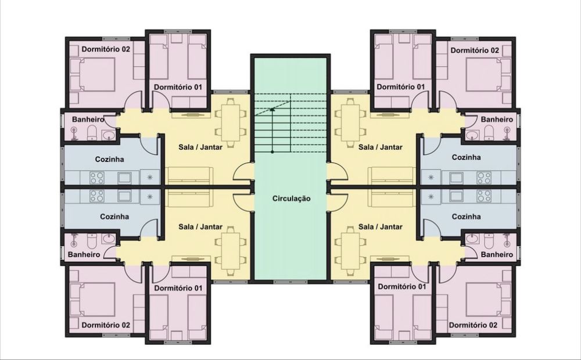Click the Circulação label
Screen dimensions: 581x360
(291, 199)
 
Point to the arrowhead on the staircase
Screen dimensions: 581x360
(272, 109)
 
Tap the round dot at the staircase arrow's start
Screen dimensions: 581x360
(272, 152)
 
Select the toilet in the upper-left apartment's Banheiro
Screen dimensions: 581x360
(92, 132)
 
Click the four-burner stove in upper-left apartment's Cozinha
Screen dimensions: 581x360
(97, 178)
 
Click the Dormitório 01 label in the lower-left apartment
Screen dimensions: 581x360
(178, 288)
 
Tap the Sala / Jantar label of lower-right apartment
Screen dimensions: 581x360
(380, 226)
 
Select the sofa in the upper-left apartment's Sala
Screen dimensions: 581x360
(189, 176)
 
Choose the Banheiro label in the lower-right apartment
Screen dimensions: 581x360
(497, 254)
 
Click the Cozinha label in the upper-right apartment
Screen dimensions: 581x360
(466, 157)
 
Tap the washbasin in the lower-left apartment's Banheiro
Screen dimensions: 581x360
(109, 239)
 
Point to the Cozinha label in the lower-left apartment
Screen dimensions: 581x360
(114, 217)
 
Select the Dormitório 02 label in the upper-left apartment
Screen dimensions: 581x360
(106, 49)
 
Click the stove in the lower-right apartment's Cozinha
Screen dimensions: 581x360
(484, 196)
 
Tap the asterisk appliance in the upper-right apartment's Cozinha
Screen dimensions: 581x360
(431, 178)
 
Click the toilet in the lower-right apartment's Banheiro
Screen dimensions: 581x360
(489, 241)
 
